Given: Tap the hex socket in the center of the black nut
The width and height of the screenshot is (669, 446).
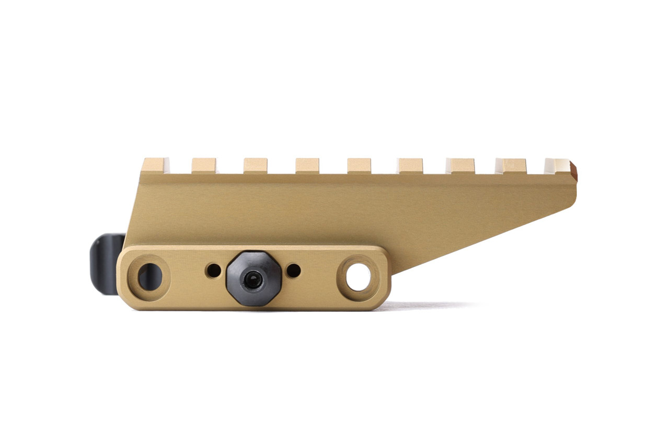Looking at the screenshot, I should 253,280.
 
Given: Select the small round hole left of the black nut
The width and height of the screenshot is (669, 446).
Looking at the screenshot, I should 213,271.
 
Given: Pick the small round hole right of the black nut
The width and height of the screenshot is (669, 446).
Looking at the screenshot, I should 294,271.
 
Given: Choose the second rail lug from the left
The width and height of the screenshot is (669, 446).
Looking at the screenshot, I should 204,166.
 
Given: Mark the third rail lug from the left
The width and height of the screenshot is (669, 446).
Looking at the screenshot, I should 255,166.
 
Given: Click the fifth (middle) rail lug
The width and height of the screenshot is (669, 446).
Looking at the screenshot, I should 359,166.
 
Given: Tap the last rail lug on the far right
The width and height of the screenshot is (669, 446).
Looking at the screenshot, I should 557,166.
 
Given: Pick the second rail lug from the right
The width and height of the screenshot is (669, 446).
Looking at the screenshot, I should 511,166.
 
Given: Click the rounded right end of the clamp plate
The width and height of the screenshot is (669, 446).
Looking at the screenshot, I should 386,277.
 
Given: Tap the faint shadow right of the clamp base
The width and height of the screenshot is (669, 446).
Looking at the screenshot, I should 429,306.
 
